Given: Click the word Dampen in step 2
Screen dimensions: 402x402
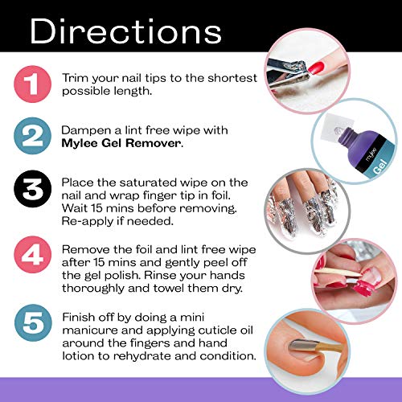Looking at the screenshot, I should (x=86, y=129).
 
